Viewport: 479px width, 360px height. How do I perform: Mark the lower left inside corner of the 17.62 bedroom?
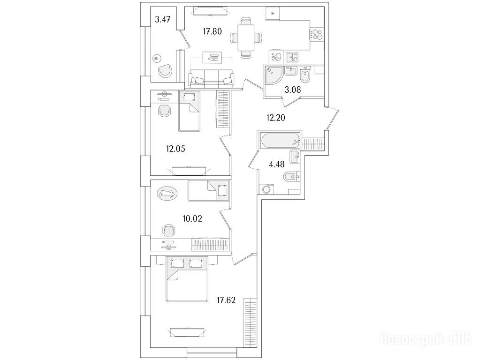pos(151,347)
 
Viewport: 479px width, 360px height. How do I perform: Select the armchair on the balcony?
pos(165,70)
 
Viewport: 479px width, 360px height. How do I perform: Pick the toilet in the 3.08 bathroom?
pos(305,75)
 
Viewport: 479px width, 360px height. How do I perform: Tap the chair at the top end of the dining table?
pos(246,22)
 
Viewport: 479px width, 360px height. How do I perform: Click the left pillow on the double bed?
pos(176,263)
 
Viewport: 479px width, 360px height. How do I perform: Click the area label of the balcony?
pos(162,20)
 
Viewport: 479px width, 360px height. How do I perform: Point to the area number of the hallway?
pos(276,118)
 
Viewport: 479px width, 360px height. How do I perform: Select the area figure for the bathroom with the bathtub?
pos(276,164)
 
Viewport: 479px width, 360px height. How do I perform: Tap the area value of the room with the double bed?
pos(226,300)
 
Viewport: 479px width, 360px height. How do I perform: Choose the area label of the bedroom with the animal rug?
pos(192,218)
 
